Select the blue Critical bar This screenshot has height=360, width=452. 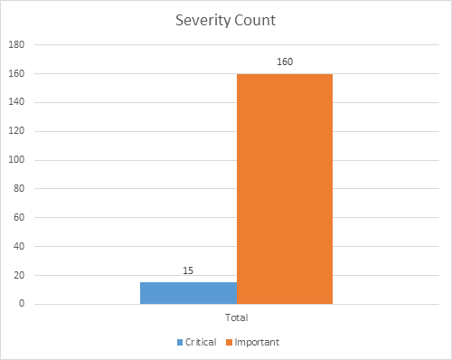[189, 293]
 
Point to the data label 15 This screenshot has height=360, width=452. [189, 270]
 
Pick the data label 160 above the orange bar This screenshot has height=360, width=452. [285, 62]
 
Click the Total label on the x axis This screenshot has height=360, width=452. [237, 318]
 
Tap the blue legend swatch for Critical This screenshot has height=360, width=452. [180, 343]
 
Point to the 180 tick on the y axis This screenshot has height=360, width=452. [17, 44]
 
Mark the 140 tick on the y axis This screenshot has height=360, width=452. [17, 102]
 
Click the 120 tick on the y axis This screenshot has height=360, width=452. [17, 131]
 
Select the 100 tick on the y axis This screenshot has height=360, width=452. [17, 160]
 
